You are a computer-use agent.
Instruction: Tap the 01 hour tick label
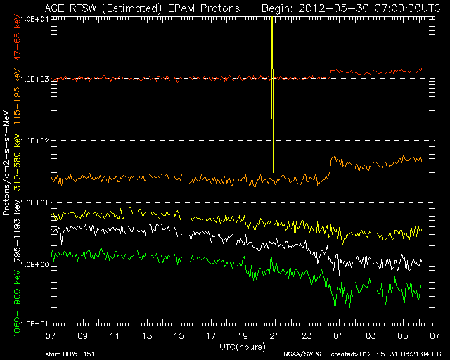(x=338, y=335)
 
